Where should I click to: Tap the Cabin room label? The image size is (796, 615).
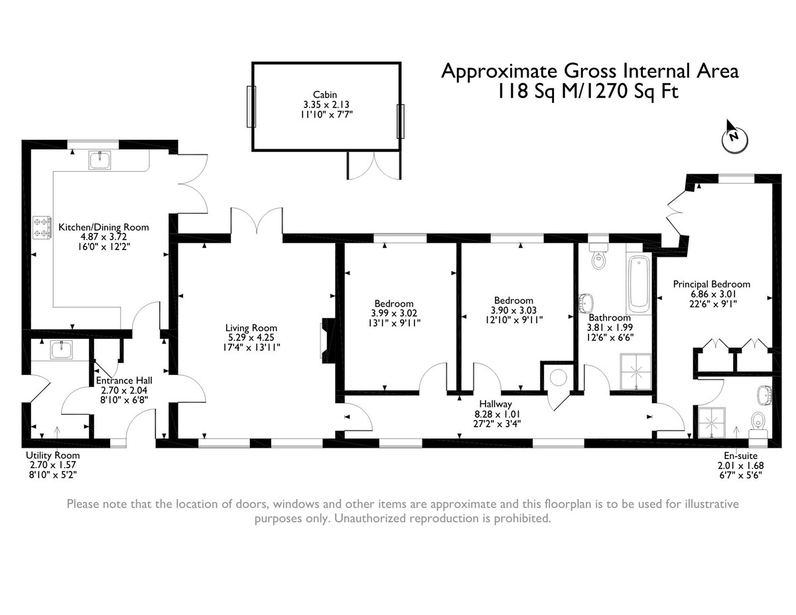click(324, 94)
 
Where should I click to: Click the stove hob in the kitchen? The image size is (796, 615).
click(42, 228)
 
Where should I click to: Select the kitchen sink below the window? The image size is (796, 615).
click(99, 160)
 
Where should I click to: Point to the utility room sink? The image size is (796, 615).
click(62, 350)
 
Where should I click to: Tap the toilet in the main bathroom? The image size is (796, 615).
click(598, 256)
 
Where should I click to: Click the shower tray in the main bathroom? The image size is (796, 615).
click(636, 372)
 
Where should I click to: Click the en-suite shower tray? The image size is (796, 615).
click(712, 423)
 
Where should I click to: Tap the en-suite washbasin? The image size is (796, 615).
click(765, 395)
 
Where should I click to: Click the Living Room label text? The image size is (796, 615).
click(251, 328)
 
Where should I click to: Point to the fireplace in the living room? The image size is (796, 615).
click(328, 340)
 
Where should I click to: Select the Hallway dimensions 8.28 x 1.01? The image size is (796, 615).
click(496, 414)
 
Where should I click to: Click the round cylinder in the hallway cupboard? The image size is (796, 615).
click(559, 377)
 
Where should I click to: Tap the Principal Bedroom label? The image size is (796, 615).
click(711, 284)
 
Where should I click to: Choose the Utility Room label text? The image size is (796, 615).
click(53, 455)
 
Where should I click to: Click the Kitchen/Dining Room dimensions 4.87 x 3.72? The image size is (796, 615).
click(103, 237)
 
